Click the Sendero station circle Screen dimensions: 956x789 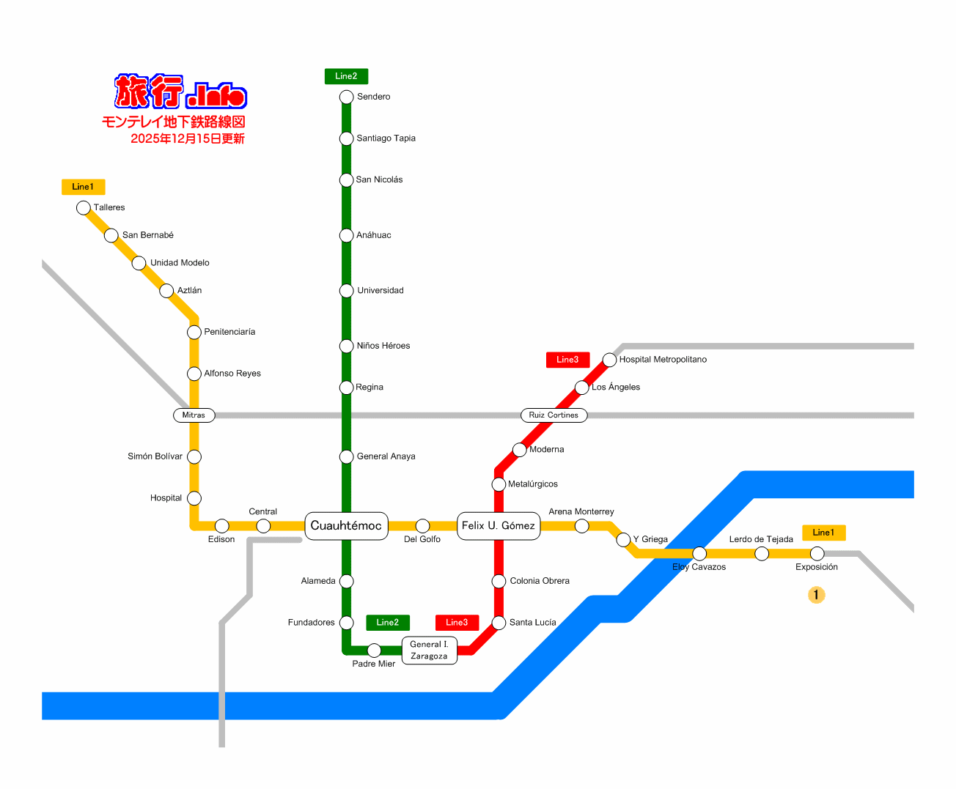pyautogui.click(x=346, y=97)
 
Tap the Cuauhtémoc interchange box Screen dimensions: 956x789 pyautogui.click(x=346, y=526)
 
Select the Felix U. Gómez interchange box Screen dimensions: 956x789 pyautogui.click(x=499, y=526)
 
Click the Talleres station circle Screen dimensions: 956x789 pyautogui.click(x=84, y=208)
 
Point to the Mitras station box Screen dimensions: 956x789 pyautogui.click(x=194, y=415)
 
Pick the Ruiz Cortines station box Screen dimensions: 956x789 pyautogui.click(x=554, y=415)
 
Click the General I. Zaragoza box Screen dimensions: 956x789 pyautogui.click(x=430, y=651)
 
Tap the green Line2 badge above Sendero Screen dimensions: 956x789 pyautogui.click(x=346, y=76)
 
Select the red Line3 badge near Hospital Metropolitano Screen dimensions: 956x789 pyautogui.click(x=567, y=360)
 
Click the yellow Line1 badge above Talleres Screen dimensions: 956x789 pyautogui.click(x=84, y=187)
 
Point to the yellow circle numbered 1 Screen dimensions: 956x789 pyautogui.click(x=817, y=595)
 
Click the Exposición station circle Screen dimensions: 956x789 pyautogui.click(x=817, y=554)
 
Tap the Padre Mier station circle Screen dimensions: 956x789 pyautogui.click(x=374, y=651)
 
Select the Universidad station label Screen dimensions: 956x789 pyautogui.click(x=380, y=291)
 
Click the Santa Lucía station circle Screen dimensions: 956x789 pyautogui.click(x=499, y=623)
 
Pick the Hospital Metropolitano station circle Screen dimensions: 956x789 pyautogui.click(x=609, y=360)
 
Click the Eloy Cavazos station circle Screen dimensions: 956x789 pyautogui.click(x=699, y=554)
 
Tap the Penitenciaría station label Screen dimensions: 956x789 pyautogui.click(x=230, y=332)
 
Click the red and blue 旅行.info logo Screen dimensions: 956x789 pyautogui.click(x=180, y=92)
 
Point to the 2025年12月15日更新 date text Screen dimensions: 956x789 pyautogui.click(x=188, y=138)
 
